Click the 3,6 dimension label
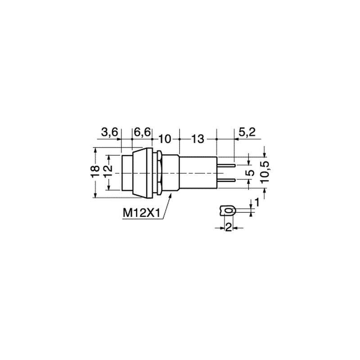tap(109, 132)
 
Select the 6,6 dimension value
tap(142, 132)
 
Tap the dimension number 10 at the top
tap(165, 139)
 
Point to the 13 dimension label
tap(198, 139)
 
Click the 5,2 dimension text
tap(247, 132)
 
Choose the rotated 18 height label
tap(95, 172)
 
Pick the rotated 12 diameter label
tap(108, 172)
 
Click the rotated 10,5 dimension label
tap(265, 172)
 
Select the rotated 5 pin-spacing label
tap(252, 173)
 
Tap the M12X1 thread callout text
tap(141, 213)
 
